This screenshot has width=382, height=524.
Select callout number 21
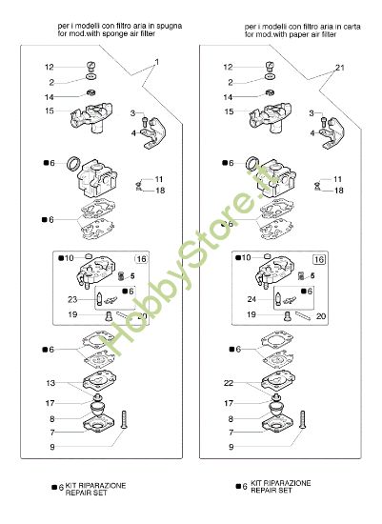(339, 69)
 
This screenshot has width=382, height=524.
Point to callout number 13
(50, 383)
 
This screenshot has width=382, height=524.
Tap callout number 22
(229, 383)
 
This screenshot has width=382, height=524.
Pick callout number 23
(72, 297)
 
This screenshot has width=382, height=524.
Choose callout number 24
(251, 297)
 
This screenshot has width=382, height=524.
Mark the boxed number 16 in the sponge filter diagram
(141, 259)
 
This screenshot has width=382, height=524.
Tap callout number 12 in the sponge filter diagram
(50, 68)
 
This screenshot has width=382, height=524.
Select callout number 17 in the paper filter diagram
(229, 403)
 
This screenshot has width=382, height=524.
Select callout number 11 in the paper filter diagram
(337, 179)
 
